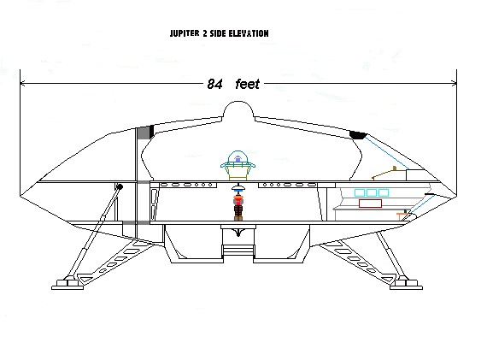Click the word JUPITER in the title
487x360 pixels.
pos(185,33)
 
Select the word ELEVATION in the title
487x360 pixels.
pos(249,33)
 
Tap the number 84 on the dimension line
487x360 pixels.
pos(214,84)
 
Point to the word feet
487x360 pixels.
pos(247,84)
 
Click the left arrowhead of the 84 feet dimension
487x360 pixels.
pos(22,83)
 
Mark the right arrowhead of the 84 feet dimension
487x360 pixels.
pos(455,83)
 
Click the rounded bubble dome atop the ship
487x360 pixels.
pos(238,109)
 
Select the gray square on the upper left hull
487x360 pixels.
pos(144,133)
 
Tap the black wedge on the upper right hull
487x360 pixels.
pos(358,134)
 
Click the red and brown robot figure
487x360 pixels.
pos(238,207)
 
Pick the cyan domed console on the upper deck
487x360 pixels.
pos(238,165)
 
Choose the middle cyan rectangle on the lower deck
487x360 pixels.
pos(372,192)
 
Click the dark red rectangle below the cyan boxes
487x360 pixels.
pos(370,204)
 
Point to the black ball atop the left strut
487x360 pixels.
pos(120,186)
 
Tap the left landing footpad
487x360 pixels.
pos(67,285)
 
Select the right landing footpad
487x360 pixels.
pos(406,285)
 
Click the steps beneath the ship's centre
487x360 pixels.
pos(238,251)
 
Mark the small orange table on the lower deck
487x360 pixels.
pos(402,215)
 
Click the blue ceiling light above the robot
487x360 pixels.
pos(238,188)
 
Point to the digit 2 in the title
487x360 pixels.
pos(205,33)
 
